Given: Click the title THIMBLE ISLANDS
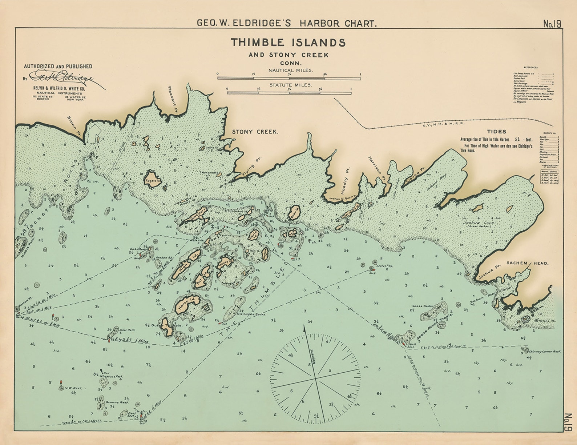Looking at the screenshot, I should pos(288,43).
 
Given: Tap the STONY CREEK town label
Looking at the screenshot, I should pos(255,132).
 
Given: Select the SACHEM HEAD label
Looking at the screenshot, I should pos(527,263).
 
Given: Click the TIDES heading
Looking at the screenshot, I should pos(496,132).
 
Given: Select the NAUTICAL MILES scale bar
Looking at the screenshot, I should pos(289,78).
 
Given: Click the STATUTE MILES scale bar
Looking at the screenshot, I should pos(289,93).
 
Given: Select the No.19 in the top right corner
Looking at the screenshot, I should pos(552,24).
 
